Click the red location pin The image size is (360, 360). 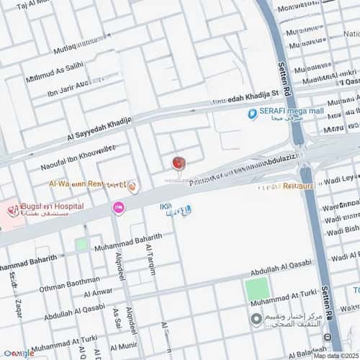(x=178, y=163)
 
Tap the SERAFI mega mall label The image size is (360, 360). (x=289, y=112)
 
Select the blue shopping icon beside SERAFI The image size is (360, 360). (x=253, y=113)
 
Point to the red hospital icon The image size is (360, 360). (x=12, y=210)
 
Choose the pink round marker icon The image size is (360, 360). (x=117, y=208)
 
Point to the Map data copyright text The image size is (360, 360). (x=334, y=355)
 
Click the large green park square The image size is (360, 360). (x=256, y=289)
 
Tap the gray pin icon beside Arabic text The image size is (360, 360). (x=256, y=320)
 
